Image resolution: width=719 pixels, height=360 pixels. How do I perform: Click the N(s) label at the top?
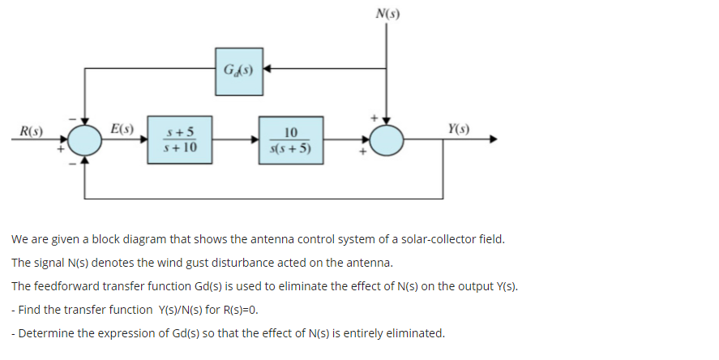point(387,14)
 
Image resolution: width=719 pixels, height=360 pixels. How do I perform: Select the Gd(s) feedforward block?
point(238,69)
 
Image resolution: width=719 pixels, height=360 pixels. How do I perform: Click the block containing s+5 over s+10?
point(180,140)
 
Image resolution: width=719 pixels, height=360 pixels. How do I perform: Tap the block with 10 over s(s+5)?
point(292,140)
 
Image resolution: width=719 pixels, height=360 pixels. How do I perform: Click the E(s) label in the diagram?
point(122,128)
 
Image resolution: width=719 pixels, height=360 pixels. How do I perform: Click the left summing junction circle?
point(85,141)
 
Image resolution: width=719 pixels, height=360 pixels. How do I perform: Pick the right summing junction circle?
point(387,141)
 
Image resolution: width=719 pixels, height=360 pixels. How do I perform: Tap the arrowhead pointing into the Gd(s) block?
point(265,69)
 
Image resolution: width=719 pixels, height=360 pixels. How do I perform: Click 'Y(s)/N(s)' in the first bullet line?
point(181,310)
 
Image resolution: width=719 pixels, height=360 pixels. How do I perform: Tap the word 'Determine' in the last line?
point(45,333)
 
